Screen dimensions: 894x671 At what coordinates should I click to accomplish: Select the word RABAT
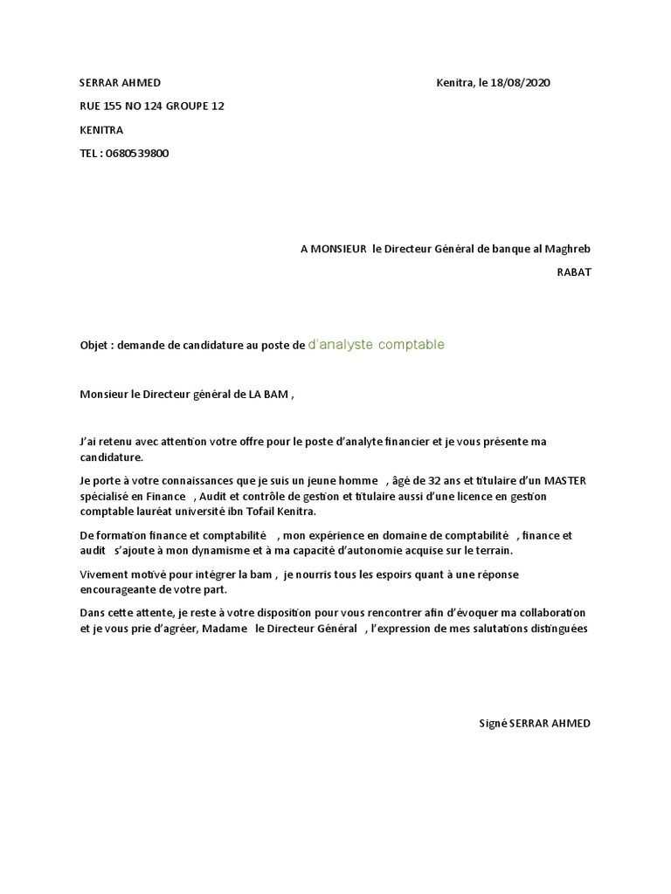(x=574, y=272)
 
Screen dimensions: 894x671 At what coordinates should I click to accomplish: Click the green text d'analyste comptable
(x=377, y=345)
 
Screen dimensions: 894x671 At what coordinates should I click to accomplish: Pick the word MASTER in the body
(x=565, y=480)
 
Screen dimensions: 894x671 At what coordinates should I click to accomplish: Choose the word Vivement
(x=103, y=574)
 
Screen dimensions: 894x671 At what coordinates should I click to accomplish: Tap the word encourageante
(x=117, y=589)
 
